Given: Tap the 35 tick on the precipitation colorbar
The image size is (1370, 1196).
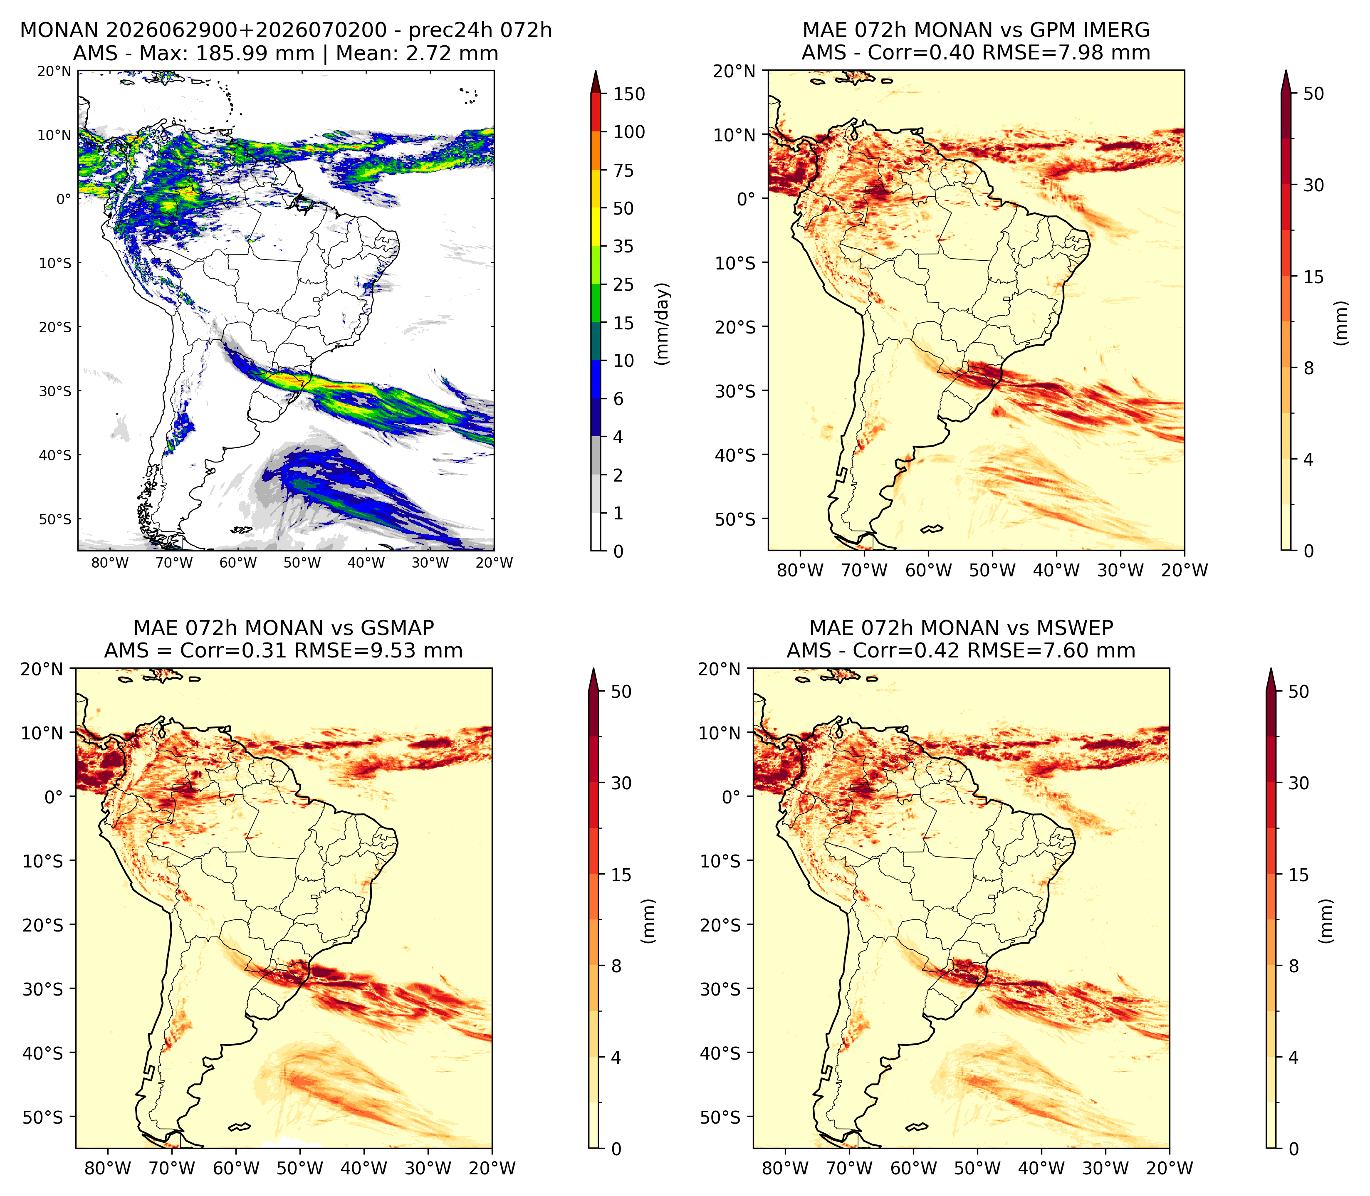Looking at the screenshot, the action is click(x=623, y=246).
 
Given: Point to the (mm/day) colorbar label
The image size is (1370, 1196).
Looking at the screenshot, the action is click(x=662, y=323).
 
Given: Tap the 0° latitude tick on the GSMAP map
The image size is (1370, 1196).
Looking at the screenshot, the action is click(x=53, y=797).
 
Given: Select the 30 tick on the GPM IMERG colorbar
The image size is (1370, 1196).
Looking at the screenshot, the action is click(x=1313, y=185).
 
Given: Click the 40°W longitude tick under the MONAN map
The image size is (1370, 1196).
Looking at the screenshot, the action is click(x=366, y=563).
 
